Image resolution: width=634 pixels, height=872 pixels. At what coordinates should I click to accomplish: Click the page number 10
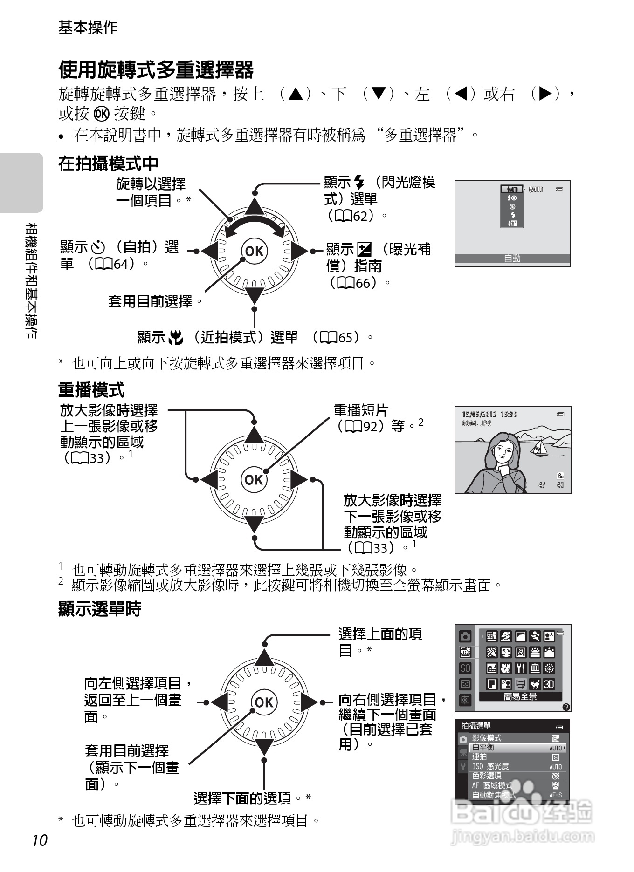[x=40, y=840]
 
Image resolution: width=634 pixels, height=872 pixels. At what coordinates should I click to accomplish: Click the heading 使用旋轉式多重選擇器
[x=156, y=70]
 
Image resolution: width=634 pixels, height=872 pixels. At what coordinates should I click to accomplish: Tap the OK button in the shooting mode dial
[x=254, y=251]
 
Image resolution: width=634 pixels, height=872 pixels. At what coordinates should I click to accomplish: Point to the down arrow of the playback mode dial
[x=254, y=524]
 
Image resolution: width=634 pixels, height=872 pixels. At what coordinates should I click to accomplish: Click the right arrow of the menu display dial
[x=308, y=702]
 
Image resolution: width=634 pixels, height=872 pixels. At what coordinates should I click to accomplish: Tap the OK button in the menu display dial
[x=264, y=702]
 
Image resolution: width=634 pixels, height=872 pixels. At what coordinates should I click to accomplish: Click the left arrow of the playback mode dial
[x=209, y=480]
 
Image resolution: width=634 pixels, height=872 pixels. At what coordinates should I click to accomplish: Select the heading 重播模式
[x=91, y=389]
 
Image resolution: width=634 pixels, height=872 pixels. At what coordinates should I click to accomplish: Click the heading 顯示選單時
[x=99, y=609]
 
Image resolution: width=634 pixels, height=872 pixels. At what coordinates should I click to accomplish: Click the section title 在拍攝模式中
[x=108, y=163]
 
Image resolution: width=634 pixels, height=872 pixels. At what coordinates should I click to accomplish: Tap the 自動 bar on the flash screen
[x=512, y=258]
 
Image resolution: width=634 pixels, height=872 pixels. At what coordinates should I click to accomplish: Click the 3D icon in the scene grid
[x=549, y=684]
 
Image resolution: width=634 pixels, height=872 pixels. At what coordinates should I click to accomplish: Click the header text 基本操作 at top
[x=88, y=27]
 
